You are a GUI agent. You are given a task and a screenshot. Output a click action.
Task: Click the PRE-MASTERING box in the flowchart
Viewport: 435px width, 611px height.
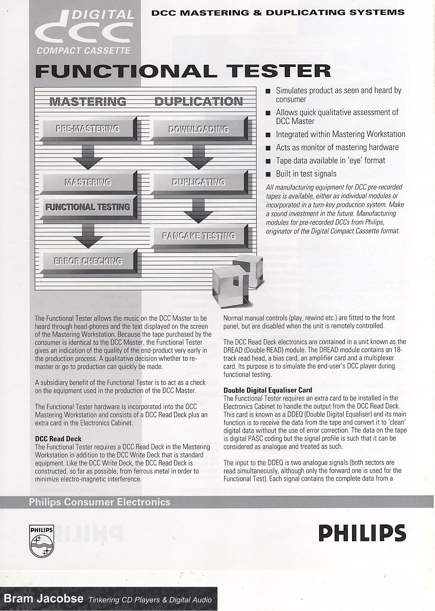coord(88,129)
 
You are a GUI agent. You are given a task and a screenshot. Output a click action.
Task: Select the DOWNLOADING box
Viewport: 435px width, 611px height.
coord(198,129)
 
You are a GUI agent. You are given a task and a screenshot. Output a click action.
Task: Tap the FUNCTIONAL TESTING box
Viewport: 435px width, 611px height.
coord(88,207)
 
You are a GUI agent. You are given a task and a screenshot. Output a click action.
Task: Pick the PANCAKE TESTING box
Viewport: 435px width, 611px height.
coord(199,236)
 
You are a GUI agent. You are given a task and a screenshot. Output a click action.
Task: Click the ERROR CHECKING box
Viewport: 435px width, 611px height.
coord(88,261)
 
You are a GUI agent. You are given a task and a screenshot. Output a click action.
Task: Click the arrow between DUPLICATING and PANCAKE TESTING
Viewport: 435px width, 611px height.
coord(198,210)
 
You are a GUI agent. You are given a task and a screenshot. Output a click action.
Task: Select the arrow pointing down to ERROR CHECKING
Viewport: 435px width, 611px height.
coord(88,236)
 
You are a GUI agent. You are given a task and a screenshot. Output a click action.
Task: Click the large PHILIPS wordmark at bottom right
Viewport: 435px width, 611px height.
coord(362,533)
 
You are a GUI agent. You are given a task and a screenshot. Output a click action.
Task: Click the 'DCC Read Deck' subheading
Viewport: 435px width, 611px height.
coord(58,439)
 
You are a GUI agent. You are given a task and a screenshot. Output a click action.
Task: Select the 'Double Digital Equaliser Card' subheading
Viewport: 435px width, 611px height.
coord(268,390)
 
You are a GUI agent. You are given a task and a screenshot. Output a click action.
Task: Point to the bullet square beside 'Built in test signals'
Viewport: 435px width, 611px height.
coord(268,174)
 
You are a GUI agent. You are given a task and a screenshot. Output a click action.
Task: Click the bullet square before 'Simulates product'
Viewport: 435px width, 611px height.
coord(268,91)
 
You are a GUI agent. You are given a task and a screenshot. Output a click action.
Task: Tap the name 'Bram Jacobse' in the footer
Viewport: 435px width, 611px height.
coord(43,598)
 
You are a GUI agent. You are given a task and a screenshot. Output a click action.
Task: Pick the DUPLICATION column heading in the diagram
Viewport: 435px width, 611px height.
coord(198,101)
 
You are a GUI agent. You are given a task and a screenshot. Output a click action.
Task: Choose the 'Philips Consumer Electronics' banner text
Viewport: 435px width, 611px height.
coord(99,502)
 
